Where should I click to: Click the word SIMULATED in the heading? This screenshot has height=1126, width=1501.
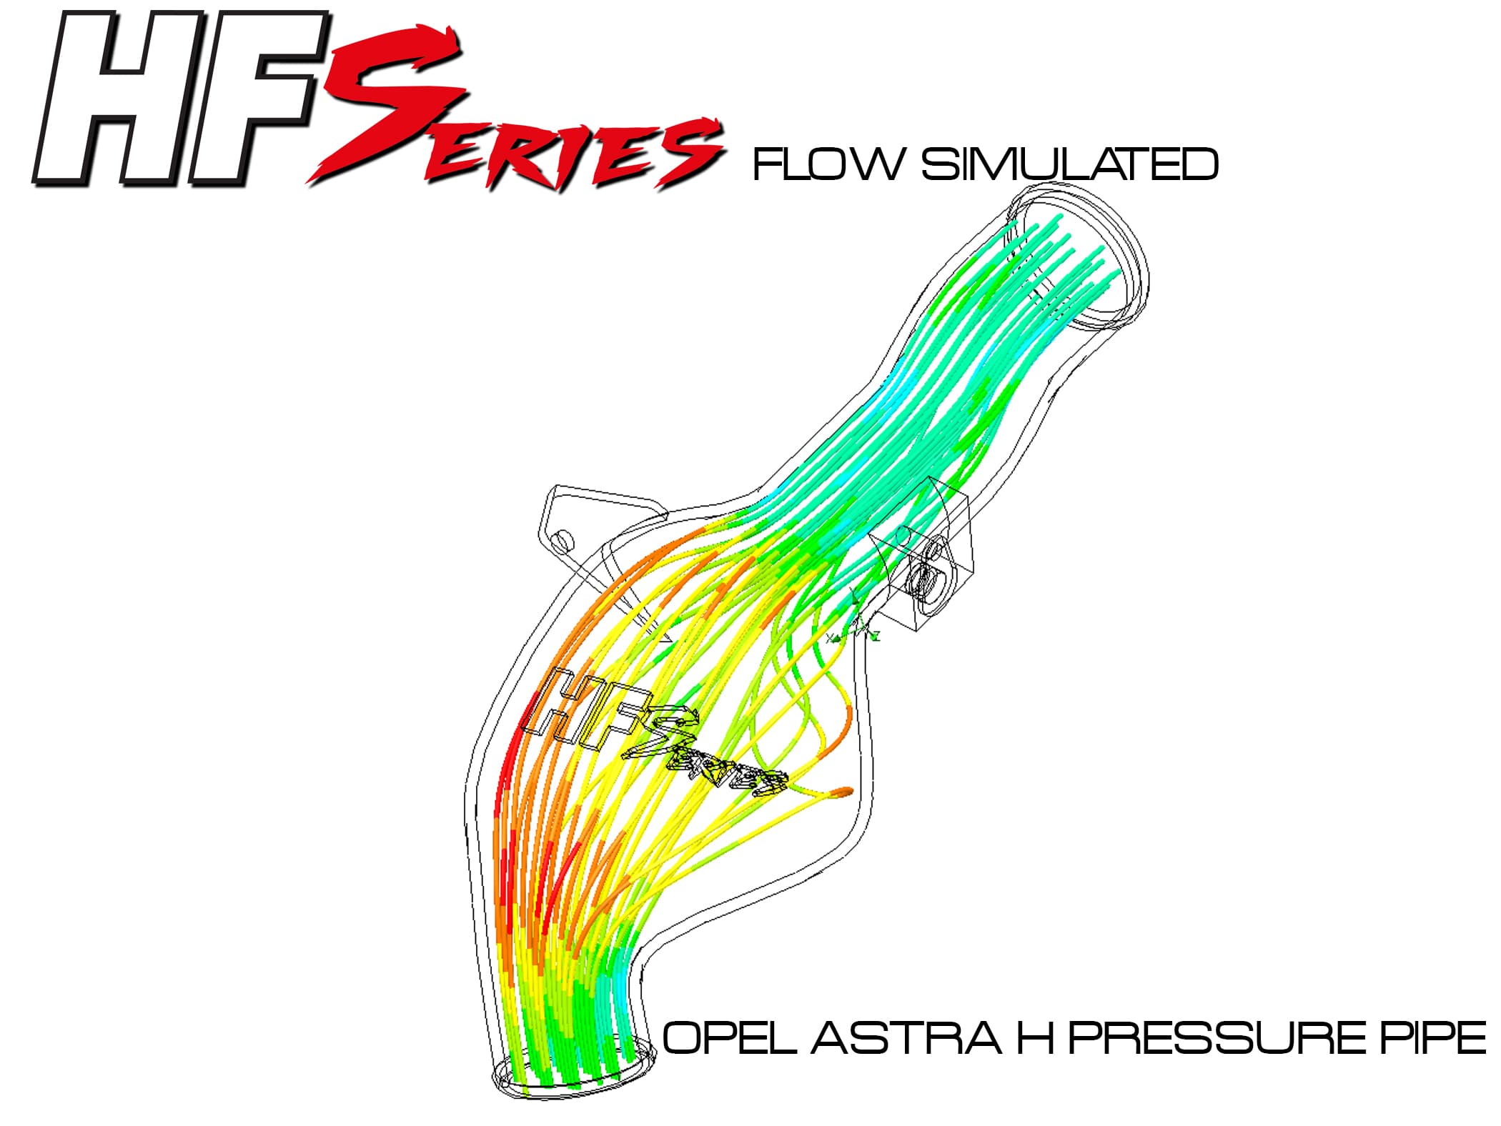point(1070,164)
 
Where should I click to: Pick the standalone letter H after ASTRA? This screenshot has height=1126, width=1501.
point(1036,1037)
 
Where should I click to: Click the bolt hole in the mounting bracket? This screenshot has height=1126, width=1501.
point(563,539)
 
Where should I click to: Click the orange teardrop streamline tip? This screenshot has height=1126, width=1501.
point(843,791)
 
